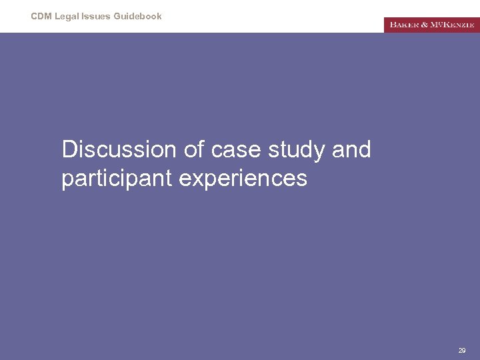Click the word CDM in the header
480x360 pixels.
[41, 16]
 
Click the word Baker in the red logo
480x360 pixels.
[403, 25]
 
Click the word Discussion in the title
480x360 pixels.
[119, 149]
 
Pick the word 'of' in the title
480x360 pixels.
[193, 149]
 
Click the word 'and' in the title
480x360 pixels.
[351, 149]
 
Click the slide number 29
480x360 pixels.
[462, 350]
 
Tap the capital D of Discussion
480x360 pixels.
[69, 149]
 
